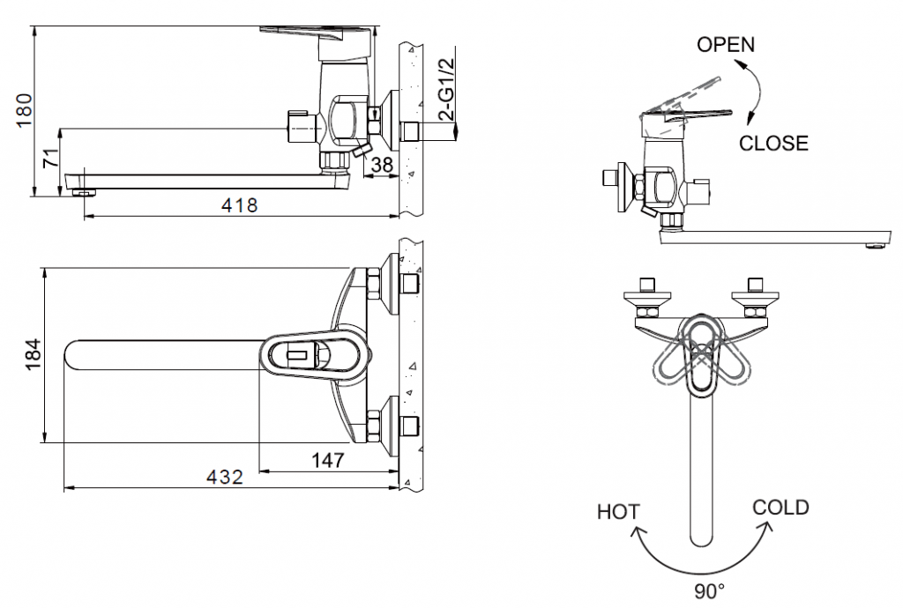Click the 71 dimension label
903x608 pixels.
pyautogui.click(x=52, y=159)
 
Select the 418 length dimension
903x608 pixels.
pyautogui.click(x=239, y=205)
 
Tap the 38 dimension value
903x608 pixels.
pyautogui.click(x=381, y=164)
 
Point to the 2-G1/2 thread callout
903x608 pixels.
pyautogui.click(x=447, y=91)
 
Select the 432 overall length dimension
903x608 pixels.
pyautogui.click(x=225, y=477)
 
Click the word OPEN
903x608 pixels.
pyautogui.click(x=726, y=45)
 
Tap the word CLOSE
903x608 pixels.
pyautogui.click(x=773, y=143)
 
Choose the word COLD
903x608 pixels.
pyautogui.click(x=780, y=507)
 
